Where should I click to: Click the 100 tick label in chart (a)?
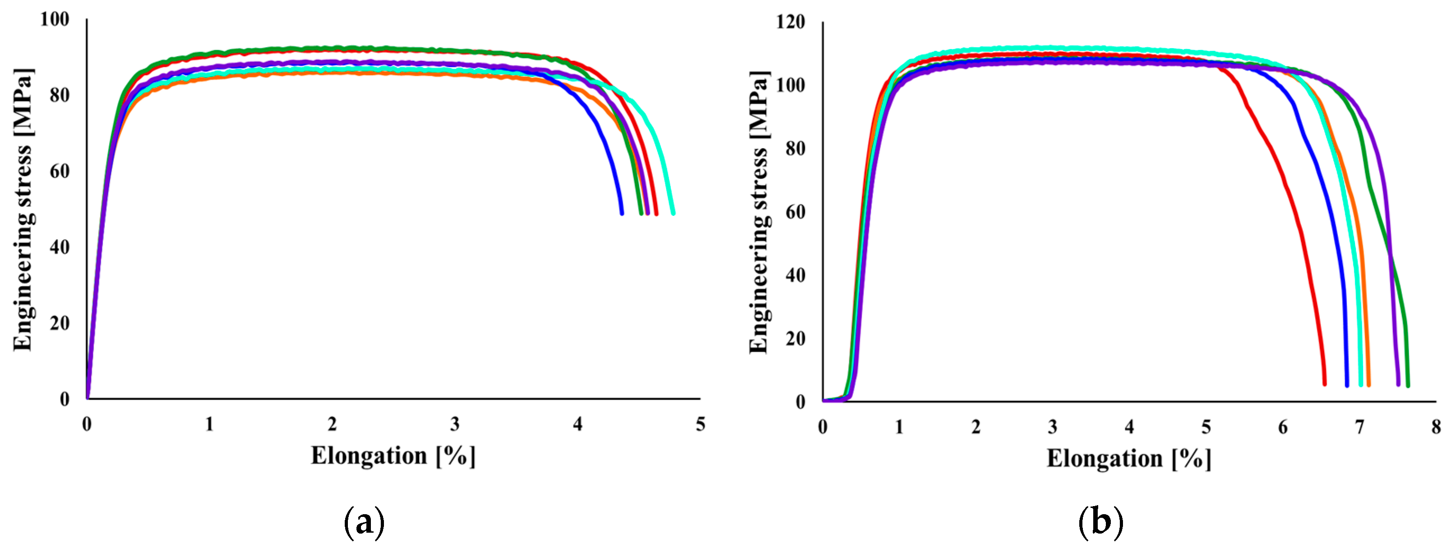(55, 19)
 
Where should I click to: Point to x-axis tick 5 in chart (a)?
(700, 424)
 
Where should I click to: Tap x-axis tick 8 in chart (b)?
(1436, 427)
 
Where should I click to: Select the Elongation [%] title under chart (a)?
(393, 456)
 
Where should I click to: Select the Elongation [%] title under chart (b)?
(1129, 459)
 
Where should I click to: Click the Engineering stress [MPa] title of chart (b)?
(759, 212)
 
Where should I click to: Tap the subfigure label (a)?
(364, 523)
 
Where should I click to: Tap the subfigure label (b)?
(1100, 523)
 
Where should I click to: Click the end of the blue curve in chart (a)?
(622, 213)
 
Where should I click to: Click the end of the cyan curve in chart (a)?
(673, 213)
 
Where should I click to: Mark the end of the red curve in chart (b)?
(1324, 384)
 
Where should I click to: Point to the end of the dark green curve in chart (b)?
(1407, 385)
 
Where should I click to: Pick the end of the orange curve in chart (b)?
(1369, 384)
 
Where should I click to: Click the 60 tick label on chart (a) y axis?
(59, 171)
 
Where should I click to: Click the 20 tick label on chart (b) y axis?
(795, 339)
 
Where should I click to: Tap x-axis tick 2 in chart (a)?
(332, 424)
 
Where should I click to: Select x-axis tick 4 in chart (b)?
(1129, 427)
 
